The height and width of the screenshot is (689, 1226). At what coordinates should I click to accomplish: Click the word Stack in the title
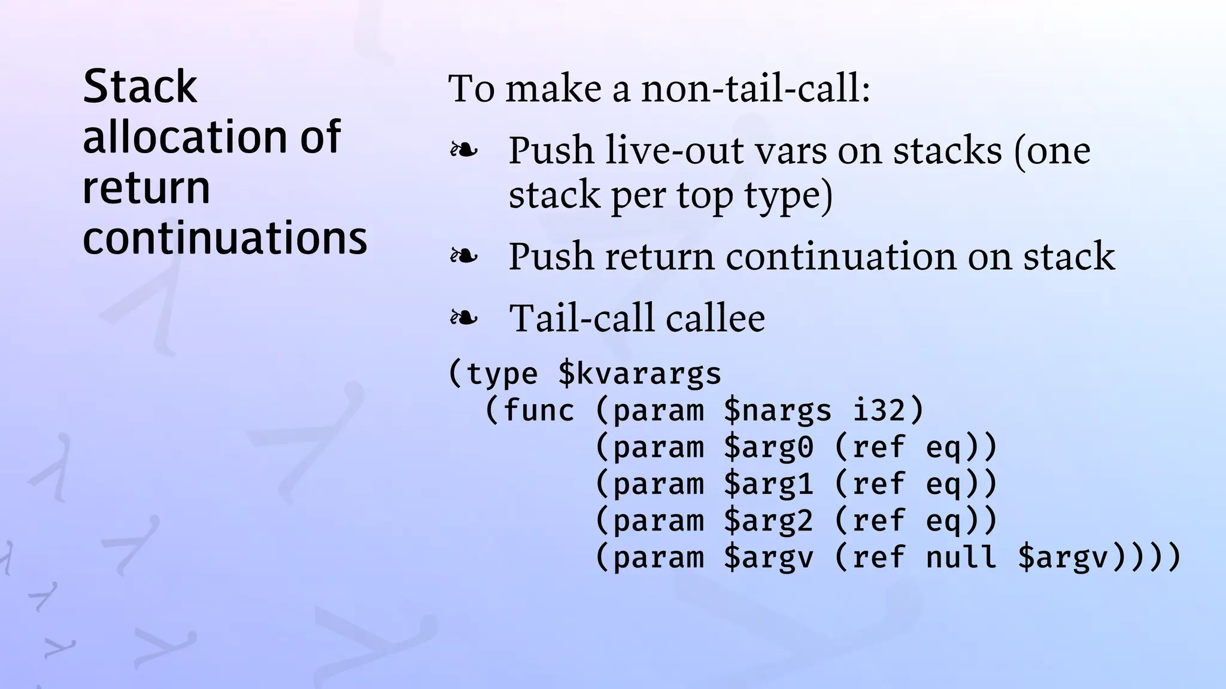(139, 87)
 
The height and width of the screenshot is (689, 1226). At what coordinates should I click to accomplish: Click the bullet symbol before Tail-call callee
(464, 318)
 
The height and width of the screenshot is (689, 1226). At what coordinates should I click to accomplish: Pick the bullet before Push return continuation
(464, 257)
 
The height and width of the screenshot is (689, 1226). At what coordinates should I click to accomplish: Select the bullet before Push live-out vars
(464, 150)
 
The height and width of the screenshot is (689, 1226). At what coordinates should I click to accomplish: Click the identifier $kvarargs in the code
(639, 374)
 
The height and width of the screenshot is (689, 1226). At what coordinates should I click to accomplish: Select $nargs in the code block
(777, 411)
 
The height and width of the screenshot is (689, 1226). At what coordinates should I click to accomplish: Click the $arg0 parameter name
(768, 447)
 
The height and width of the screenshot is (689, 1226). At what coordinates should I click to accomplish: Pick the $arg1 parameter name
(768, 484)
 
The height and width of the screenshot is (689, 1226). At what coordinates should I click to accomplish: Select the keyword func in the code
(538, 411)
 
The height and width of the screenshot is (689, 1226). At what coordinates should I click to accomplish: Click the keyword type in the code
(501, 374)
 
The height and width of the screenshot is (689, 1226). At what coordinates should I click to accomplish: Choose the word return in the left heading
(146, 188)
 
